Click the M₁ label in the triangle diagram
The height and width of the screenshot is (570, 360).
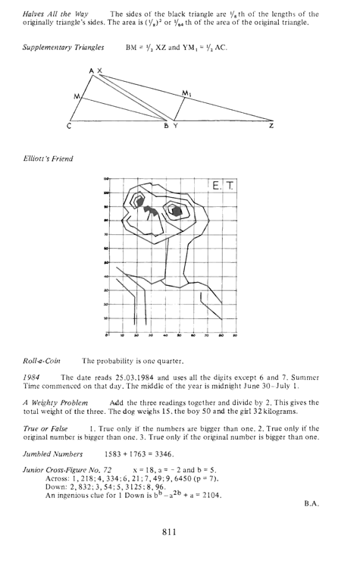pos(186,93)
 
